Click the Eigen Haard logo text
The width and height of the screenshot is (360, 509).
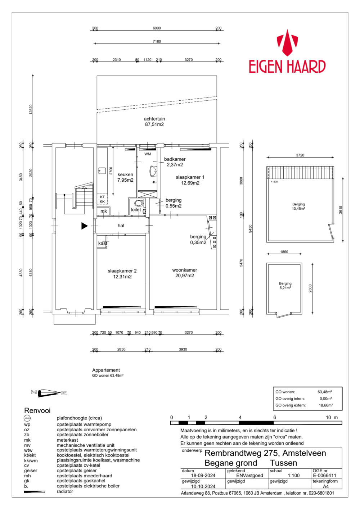click(x=287, y=67)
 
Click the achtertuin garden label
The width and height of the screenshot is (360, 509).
click(x=154, y=122)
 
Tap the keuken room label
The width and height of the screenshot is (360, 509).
click(x=125, y=177)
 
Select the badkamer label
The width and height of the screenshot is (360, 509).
click(x=175, y=162)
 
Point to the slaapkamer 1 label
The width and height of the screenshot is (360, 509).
click(x=190, y=180)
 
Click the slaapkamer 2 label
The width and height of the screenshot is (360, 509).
click(x=122, y=274)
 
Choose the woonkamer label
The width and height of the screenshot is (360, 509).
click(x=185, y=273)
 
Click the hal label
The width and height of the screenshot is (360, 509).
click(x=121, y=226)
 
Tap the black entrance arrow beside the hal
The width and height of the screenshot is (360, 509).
click(x=85, y=226)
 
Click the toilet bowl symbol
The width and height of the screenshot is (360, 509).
click(x=138, y=203)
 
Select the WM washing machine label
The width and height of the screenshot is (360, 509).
click(x=148, y=154)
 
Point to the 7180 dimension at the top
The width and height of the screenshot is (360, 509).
click(x=157, y=41)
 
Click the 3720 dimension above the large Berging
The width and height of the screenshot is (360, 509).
click(x=300, y=155)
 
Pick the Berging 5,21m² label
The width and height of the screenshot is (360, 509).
click(x=285, y=286)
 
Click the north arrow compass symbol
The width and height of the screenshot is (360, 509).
click(x=49, y=393)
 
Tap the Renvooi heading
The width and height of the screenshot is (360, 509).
click(x=37, y=410)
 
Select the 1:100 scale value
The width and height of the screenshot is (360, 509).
click(x=294, y=475)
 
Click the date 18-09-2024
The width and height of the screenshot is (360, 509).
click(x=203, y=475)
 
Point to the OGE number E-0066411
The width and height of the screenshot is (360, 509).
click(x=324, y=475)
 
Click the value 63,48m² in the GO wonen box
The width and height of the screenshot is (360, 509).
click(x=324, y=392)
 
